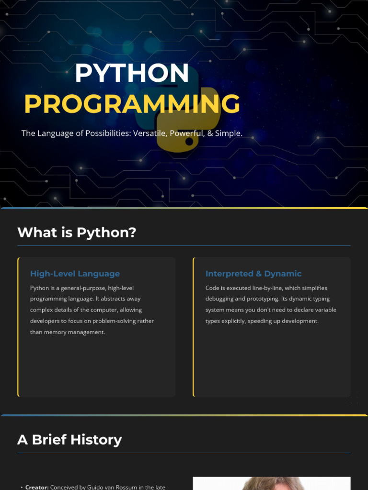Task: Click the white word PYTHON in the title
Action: tap(132, 73)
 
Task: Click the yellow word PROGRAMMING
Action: tap(132, 104)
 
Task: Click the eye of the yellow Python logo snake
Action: tap(189, 142)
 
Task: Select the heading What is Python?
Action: tap(77, 233)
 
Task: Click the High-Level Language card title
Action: tap(75, 274)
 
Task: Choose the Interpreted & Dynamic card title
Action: tap(253, 274)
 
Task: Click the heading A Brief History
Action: tap(69, 440)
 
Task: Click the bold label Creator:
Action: tap(37, 487)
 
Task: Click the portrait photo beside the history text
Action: tap(272, 483)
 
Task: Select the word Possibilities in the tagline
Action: tap(108, 134)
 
